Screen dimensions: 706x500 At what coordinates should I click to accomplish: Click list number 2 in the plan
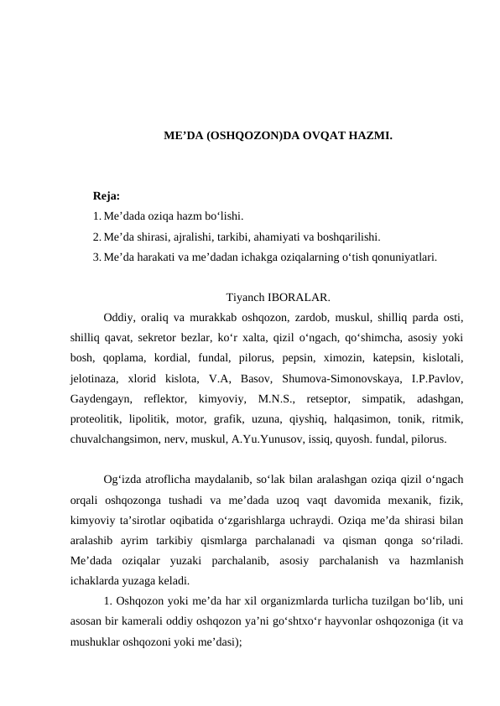coord(98,236)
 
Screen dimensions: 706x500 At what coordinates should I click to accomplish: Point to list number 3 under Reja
coord(98,257)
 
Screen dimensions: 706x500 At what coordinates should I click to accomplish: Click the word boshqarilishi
coord(351,236)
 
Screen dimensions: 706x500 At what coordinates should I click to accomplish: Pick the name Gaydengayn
coord(99,397)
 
